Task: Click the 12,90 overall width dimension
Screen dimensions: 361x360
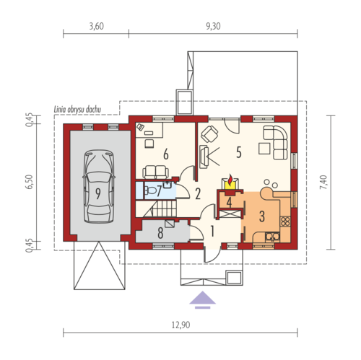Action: (x=180, y=325)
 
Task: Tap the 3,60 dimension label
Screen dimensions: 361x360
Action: (x=97, y=26)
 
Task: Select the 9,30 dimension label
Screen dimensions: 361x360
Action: (x=213, y=26)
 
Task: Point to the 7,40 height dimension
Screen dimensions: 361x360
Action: (x=323, y=182)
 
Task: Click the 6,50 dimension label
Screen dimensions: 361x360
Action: (x=30, y=182)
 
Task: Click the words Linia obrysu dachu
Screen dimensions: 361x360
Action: (x=77, y=110)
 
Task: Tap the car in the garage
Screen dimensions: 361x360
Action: (x=99, y=186)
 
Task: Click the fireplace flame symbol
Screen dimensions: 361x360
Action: (x=230, y=179)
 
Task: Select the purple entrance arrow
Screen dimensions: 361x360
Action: (x=202, y=299)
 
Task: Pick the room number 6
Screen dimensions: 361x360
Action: (x=166, y=154)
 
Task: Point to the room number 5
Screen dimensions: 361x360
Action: (x=238, y=152)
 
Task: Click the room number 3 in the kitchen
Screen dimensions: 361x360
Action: (x=262, y=216)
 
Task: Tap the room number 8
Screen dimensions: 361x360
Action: (x=160, y=232)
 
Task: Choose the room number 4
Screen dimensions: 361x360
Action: (x=229, y=202)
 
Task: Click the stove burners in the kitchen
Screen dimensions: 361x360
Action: (x=285, y=221)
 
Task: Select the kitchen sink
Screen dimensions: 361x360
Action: (x=272, y=237)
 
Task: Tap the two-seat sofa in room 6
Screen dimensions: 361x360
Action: (x=155, y=172)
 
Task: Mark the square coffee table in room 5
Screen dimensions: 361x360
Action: (x=264, y=149)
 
